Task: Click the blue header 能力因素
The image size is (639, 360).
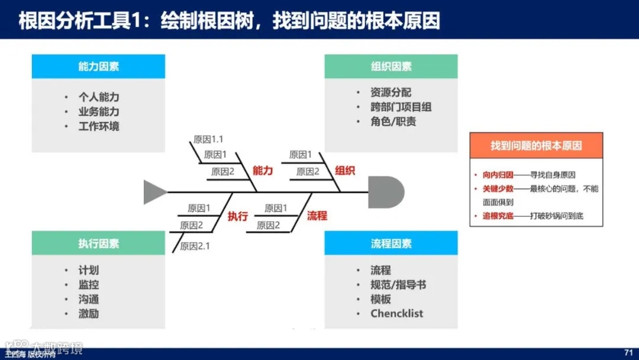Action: tap(98, 66)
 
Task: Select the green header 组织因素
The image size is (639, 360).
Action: tap(390, 66)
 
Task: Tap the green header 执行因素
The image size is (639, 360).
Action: tap(98, 243)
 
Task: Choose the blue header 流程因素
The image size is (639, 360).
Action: tap(390, 243)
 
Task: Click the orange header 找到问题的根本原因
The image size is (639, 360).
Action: tap(535, 146)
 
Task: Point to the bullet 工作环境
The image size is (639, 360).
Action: tap(98, 126)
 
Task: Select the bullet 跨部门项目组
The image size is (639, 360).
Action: tap(401, 107)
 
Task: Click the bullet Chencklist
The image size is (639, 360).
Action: tap(396, 314)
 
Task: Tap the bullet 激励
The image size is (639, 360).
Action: tap(89, 314)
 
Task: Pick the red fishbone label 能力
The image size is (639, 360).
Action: tap(263, 171)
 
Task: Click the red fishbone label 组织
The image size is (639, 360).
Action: tap(345, 171)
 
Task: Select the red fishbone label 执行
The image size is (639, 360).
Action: tap(237, 216)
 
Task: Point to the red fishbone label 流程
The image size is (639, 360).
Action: tap(317, 216)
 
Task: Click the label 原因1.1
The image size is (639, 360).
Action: tap(208, 140)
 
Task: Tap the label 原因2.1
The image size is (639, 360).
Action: tap(195, 246)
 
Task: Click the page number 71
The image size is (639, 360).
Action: tap(628, 352)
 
